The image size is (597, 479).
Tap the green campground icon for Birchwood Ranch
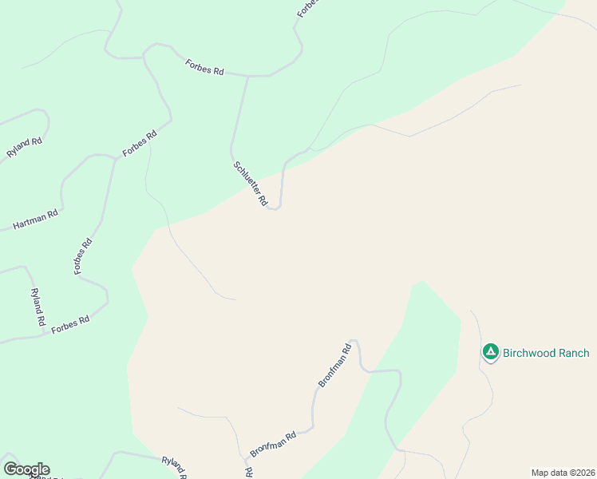491,352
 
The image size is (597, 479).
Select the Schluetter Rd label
250,184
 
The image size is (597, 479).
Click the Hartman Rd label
36,220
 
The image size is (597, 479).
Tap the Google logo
26,469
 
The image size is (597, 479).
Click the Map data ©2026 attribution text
563,473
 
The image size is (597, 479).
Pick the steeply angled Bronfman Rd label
335,366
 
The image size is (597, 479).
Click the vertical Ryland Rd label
37,307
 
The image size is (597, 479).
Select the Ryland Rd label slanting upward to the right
24,148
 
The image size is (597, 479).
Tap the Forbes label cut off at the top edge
308,8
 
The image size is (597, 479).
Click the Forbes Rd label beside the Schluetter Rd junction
204,66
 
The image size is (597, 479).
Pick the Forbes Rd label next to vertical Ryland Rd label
70,325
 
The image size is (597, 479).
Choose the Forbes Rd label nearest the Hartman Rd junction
139,143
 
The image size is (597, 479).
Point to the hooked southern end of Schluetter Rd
275,208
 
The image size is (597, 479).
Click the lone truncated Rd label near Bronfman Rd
248,473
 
